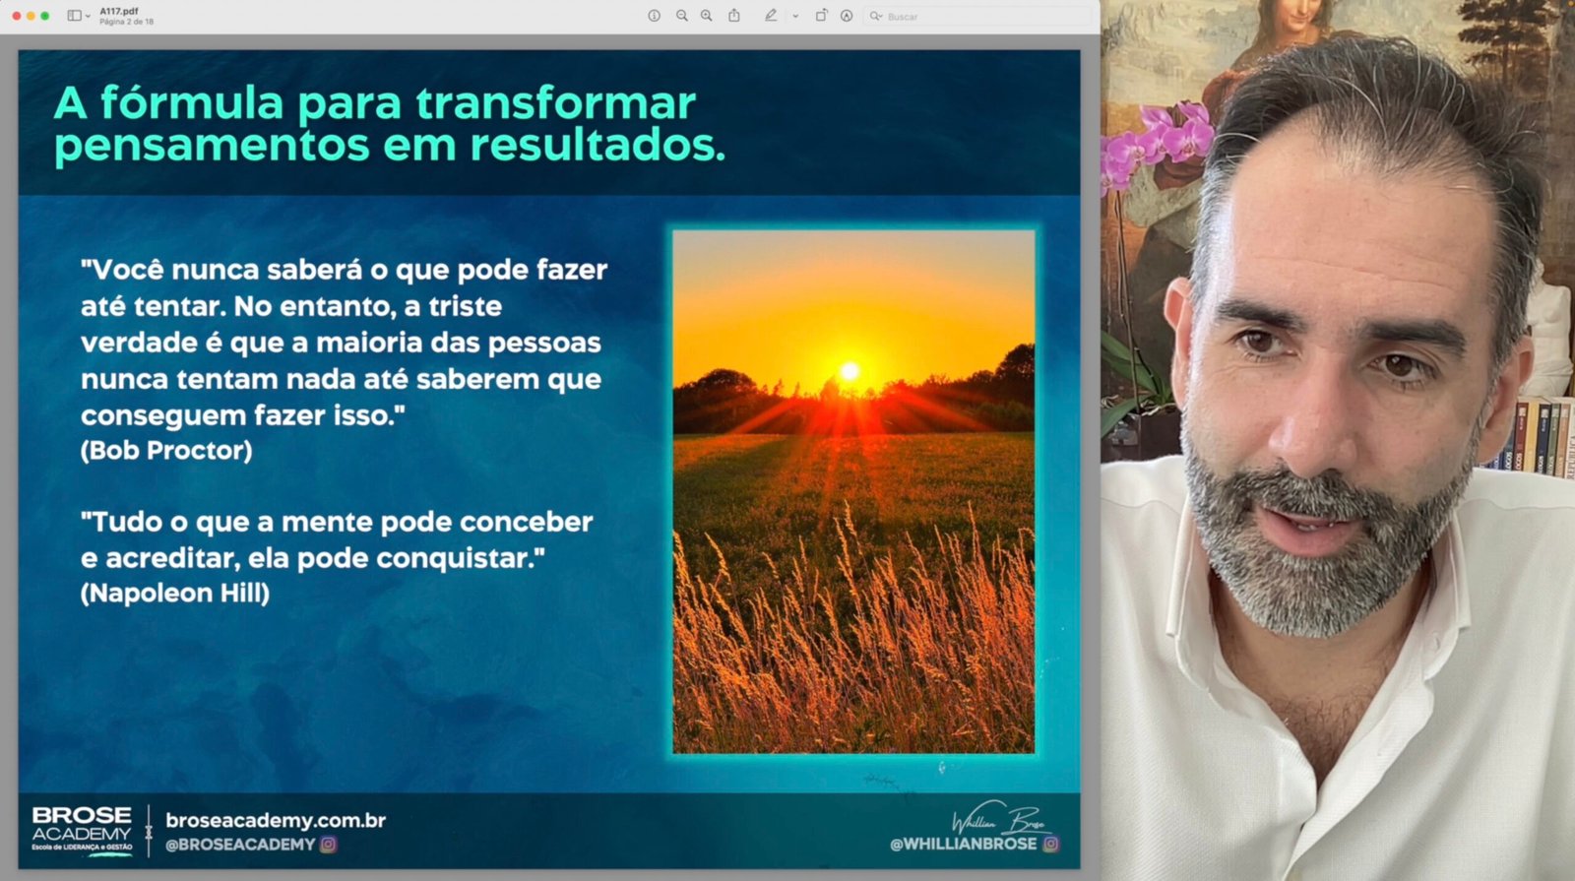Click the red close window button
click(x=16, y=16)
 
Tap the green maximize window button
click(x=45, y=16)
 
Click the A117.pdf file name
click(x=119, y=11)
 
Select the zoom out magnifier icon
click(x=681, y=16)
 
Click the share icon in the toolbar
click(x=734, y=16)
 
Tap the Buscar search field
click(x=977, y=16)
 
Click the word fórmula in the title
click(x=191, y=103)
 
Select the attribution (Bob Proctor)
click(x=166, y=451)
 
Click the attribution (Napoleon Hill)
click(x=175, y=593)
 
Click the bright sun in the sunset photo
click(x=850, y=371)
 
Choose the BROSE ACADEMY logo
click(x=82, y=830)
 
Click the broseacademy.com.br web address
click(x=276, y=821)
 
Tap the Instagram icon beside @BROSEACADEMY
click(x=329, y=844)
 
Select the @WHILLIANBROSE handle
click(x=963, y=844)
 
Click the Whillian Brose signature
click(x=1000, y=818)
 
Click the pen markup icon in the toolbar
click(x=771, y=16)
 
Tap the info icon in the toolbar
click(x=654, y=16)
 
